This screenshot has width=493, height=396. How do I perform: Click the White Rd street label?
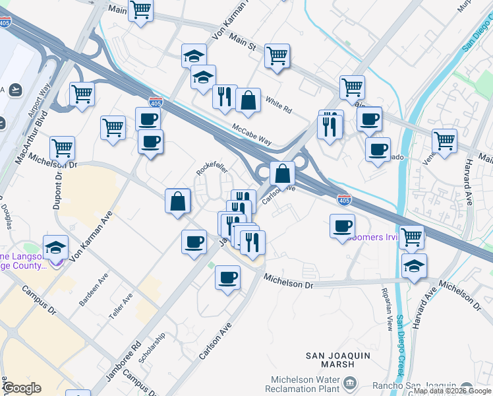(x=278, y=103)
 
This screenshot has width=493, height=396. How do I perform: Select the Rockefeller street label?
(x=212, y=169)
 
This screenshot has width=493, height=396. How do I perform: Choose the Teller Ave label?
(x=121, y=305)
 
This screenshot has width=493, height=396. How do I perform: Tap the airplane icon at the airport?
(x=14, y=89)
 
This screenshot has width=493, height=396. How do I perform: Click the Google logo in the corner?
(x=22, y=388)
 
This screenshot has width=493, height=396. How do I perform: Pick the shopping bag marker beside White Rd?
(x=248, y=102)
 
